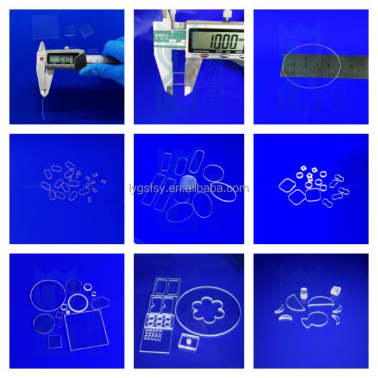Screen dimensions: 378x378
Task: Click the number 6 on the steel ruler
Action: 357,66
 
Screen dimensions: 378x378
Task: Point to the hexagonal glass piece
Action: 100,303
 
